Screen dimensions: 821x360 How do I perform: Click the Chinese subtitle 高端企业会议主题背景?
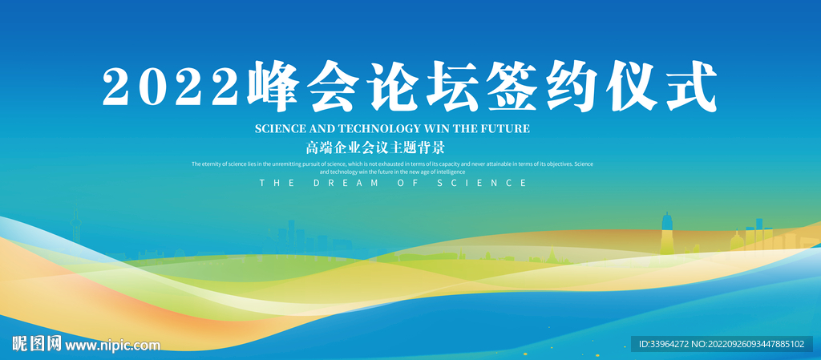(375, 148)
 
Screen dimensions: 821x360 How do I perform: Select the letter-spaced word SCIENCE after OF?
(482, 183)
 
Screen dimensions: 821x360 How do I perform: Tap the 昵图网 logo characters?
(37, 344)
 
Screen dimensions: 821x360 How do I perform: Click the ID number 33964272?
(670, 344)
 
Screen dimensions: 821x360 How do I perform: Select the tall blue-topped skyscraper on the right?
(666, 233)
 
